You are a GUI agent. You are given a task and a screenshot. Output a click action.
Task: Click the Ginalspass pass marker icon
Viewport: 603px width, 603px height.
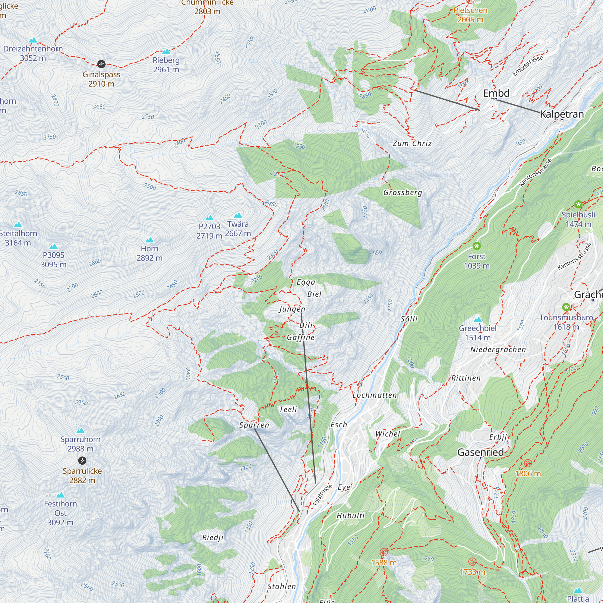point(101,64)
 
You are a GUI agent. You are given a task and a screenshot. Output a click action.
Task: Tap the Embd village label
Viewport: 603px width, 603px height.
point(496,93)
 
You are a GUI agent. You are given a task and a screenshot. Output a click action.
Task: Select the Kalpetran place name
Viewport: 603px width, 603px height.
point(561,114)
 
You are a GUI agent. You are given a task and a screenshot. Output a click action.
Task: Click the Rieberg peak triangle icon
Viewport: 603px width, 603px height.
point(166,52)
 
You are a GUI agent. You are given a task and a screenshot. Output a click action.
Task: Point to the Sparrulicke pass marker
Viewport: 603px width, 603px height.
point(82,460)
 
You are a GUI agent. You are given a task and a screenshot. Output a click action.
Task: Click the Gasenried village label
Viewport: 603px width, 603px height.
point(480,452)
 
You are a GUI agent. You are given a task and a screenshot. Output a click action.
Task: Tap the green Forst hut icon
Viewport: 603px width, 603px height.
point(476,246)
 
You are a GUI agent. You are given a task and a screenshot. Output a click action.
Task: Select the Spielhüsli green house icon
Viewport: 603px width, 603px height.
point(578,204)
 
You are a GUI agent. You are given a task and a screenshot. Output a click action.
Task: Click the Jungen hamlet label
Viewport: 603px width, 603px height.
point(292,309)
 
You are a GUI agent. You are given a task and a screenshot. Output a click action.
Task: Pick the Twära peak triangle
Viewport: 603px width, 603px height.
point(238,215)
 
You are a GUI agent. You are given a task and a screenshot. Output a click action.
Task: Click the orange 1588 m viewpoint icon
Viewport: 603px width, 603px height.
point(384,552)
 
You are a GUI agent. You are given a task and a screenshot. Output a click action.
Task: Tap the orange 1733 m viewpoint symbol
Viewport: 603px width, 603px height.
point(472,562)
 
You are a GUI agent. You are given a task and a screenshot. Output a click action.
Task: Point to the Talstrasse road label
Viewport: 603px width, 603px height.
point(322,495)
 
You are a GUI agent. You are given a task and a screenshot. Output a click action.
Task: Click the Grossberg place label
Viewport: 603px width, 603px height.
point(403,192)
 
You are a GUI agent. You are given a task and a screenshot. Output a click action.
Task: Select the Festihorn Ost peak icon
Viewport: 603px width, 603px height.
point(60,495)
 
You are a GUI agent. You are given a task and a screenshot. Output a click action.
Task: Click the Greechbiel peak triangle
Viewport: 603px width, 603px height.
point(478,320)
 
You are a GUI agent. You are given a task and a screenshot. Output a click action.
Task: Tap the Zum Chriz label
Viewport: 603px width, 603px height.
point(412,143)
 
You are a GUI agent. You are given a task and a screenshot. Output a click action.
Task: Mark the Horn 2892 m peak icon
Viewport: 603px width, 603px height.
point(150,240)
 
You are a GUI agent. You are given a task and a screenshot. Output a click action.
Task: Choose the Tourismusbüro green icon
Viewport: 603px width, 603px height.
point(566,307)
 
